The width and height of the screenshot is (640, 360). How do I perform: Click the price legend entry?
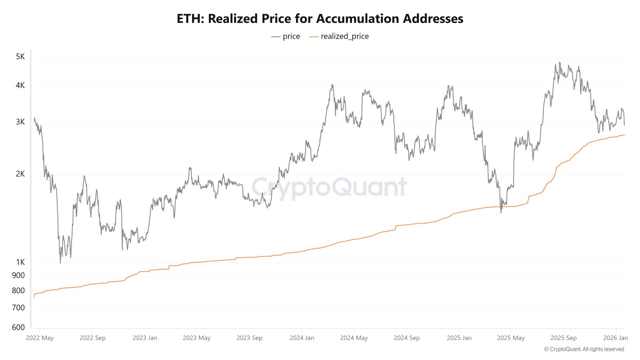(x=286, y=36)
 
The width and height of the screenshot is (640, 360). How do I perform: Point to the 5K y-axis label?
(x=20, y=56)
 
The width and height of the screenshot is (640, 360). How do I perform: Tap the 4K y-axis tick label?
(x=20, y=85)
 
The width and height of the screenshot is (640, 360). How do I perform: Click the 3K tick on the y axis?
(x=20, y=122)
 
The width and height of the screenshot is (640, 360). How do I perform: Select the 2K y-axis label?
(x=20, y=174)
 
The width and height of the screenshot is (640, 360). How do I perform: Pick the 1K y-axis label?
(x=20, y=262)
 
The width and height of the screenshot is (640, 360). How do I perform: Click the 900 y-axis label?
(x=18, y=275)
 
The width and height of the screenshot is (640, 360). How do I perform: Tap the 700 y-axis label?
(x=18, y=308)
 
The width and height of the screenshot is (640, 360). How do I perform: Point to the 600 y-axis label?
(x=18, y=327)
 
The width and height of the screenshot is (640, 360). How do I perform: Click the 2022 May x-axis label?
(x=40, y=338)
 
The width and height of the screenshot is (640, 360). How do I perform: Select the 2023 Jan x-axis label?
(x=145, y=338)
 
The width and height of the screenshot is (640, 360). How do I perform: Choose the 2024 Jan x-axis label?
(x=302, y=338)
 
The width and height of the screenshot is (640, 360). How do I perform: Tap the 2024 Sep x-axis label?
(x=406, y=338)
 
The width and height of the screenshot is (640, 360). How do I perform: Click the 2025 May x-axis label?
(x=511, y=338)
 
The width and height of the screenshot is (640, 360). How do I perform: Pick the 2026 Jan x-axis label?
(x=615, y=338)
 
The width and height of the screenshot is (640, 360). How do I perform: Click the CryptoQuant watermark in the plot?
(x=329, y=187)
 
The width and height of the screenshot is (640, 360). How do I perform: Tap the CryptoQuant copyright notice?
(x=584, y=349)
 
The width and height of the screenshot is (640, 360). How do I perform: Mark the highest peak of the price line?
(x=560, y=62)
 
